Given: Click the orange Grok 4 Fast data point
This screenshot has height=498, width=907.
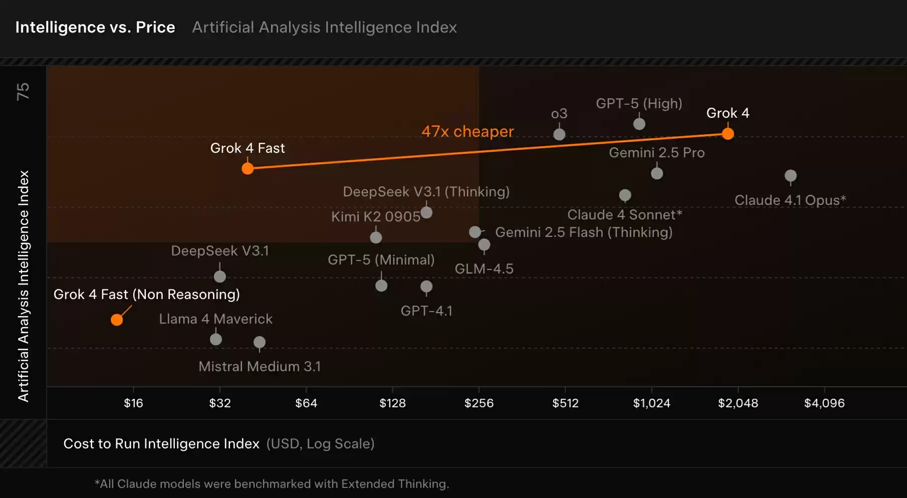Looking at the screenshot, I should coord(248,168).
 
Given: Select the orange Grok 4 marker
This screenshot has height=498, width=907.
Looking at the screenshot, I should coord(728,134).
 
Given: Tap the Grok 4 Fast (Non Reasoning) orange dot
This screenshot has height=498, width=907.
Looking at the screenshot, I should coord(117,320).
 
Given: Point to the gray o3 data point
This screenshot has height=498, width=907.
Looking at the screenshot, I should coord(559,134).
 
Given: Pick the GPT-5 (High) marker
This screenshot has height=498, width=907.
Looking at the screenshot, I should coord(639,124).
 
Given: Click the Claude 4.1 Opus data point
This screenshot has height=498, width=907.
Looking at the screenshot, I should coord(790,176).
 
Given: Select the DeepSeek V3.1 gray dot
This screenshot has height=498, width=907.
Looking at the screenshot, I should coord(219,277).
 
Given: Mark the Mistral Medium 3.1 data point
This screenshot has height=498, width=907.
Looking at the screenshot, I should coord(259,342).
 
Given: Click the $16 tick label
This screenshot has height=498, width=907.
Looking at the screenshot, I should coord(133,403).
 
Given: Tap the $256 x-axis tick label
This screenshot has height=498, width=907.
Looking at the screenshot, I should coord(479,403).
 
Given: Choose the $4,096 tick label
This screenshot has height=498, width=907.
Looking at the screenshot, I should coord(824,403).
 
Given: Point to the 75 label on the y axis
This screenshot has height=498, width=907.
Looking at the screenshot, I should coord(23,91).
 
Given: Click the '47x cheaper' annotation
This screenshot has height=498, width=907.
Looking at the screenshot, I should coord(468,131).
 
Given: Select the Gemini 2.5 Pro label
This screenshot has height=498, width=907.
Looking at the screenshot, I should coord(656,153).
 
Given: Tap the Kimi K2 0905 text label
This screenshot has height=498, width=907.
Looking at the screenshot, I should coord(375,216).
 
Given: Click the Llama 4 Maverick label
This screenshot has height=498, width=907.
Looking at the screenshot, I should coord(215,319).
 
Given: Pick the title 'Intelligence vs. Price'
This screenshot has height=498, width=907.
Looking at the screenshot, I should coord(95,27).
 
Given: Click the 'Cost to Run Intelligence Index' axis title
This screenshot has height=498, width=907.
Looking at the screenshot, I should coord(161,444).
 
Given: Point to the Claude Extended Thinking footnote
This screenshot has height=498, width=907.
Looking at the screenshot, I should coord(272,484).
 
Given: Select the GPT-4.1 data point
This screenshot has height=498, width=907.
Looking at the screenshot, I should coord(426,287).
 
